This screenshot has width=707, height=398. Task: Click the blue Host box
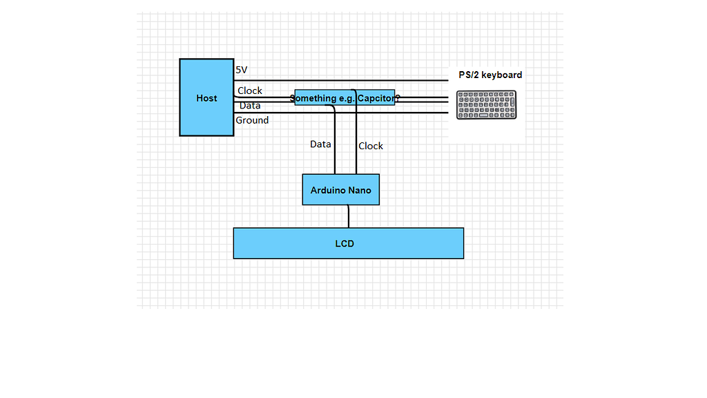coord(206,117)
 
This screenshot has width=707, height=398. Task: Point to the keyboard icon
coord(487,105)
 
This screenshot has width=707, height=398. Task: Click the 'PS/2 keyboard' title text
coord(490,75)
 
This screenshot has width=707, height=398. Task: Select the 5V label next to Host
coord(242,70)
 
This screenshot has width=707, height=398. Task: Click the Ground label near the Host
coord(252,120)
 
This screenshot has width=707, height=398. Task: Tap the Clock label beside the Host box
coord(250,91)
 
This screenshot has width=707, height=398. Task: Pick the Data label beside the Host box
coord(250,106)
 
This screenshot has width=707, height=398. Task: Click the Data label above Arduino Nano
coord(320,144)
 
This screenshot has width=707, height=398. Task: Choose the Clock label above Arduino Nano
coord(371,146)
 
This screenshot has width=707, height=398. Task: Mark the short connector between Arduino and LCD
coord(349,216)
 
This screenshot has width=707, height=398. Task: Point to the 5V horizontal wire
coord(345,81)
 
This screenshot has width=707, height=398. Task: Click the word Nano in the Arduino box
coord(359,190)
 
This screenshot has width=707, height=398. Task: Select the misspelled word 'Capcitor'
coord(376,98)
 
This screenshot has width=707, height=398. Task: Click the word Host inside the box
coord(206,98)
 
